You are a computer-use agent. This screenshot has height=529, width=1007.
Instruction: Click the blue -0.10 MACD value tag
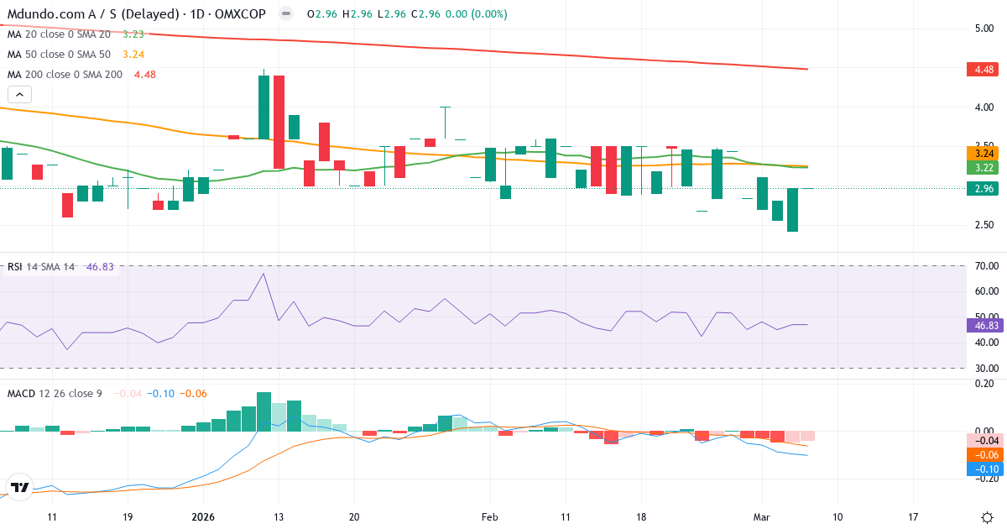[x=982, y=469]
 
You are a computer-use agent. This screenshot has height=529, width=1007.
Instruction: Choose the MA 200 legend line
[x=65, y=74]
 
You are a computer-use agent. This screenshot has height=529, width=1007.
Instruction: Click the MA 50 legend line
[x=61, y=55]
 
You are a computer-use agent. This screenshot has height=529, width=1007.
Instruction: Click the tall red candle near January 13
[x=279, y=122]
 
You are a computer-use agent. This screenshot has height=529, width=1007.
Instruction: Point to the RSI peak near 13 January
[x=263, y=274]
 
